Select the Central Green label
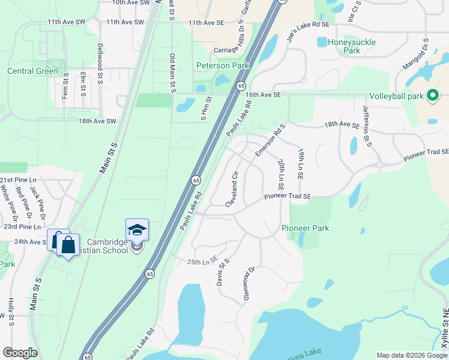[33, 71]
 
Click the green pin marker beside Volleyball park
[432, 95]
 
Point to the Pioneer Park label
[305, 229]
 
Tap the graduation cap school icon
[137, 230]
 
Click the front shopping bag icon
[69, 245]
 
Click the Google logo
[20, 353]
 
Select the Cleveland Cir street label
[232, 190]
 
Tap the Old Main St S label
[172, 73]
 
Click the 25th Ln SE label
[201, 262]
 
